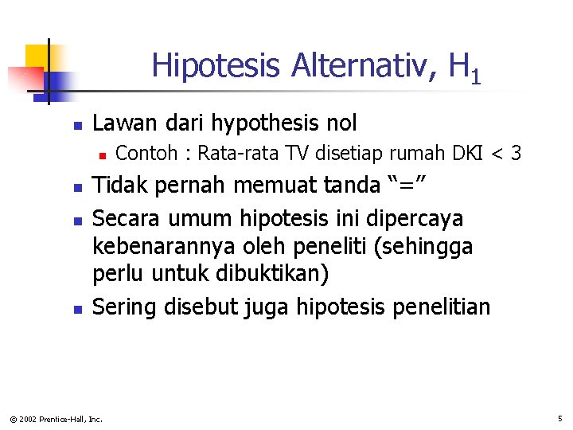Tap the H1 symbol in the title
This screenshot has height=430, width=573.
point(464,68)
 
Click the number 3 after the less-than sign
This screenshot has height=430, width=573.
point(516,153)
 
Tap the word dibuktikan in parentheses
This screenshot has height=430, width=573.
point(268,274)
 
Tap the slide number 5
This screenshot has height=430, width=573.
point(560,418)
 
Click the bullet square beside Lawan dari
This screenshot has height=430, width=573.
point(77,126)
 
